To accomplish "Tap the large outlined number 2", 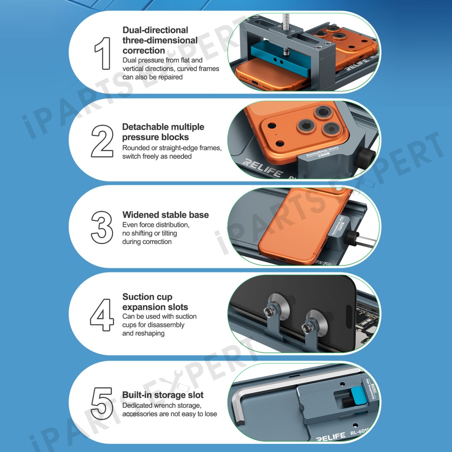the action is coord(102,141).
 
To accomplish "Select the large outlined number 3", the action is coord(102,227).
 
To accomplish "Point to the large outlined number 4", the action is coord(102,315).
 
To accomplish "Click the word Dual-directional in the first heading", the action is coord(155,30).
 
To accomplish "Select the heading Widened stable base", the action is coord(165,215).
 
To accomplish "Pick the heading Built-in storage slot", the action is coord(163,395).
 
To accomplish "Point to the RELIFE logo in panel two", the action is coord(262,168).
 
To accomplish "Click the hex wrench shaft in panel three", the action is coord(365,240).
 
